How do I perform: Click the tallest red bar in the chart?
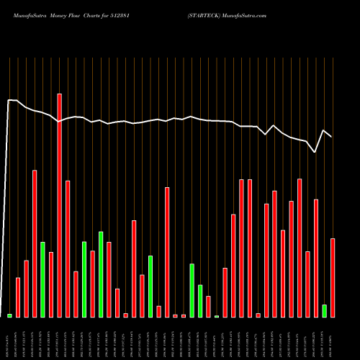tap(60, 205)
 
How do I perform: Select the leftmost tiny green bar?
tap(10, 315)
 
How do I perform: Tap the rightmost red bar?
tap(333, 277)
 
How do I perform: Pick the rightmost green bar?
tap(324, 310)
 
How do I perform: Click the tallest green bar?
tap(101, 274)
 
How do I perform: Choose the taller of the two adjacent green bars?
tap(192, 290)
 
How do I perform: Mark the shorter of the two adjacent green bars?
tap(200, 301)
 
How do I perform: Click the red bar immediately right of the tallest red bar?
tap(68, 248)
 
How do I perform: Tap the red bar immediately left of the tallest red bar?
tap(51, 284)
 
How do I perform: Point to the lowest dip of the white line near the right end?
tap(315, 152)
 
